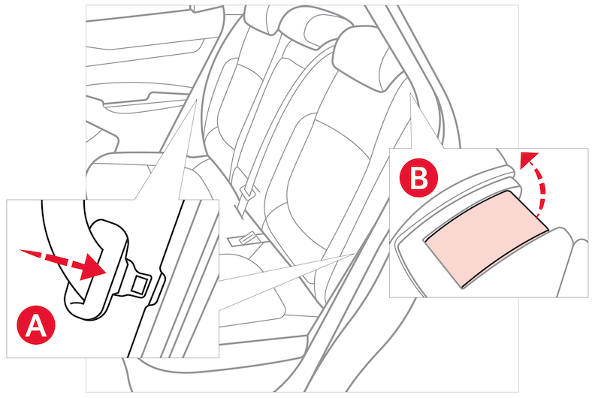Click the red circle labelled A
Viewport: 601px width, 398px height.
(35, 325)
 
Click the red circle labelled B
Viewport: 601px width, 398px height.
(418, 178)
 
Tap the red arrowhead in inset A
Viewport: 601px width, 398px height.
(93, 267)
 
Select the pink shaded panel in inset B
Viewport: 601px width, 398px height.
(486, 238)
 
